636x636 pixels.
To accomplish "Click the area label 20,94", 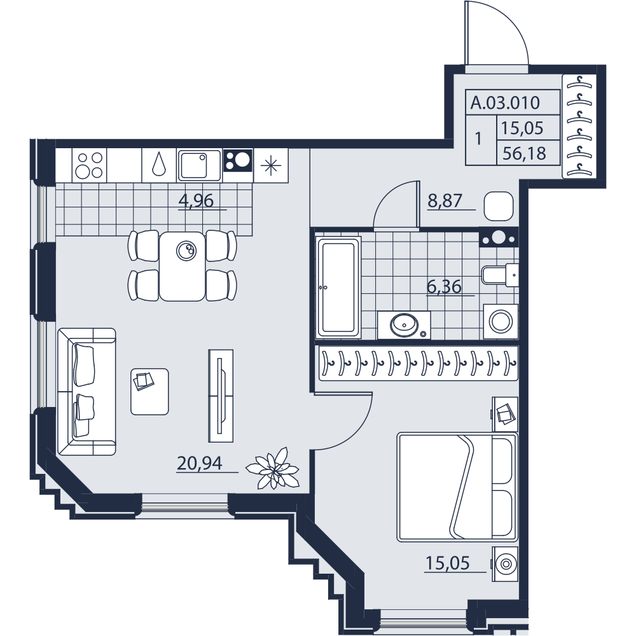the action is pyautogui.click(x=200, y=463).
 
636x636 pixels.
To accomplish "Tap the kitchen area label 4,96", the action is pyautogui.click(x=196, y=200).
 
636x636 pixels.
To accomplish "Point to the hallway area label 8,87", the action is pyautogui.click(x=445, y=201).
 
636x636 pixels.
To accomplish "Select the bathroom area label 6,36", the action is pyautogui.click(x=444, y=287).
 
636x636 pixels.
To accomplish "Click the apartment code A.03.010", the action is pyautogui.click(x=505, y=102).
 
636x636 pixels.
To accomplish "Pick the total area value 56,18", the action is pyautogui.click(x=524, y=154).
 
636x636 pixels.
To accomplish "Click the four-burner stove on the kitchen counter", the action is pyautogui.click(x=90, y=165).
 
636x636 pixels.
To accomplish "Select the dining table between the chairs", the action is pyautogui.click(x=182, y=266).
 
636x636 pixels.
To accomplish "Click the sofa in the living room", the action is pyautogui.click(x=86, y=391).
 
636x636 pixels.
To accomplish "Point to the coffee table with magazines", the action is pyautogui.click(x=149, y=391).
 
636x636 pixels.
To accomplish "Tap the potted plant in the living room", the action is pyautogui.click(x=273, y=467).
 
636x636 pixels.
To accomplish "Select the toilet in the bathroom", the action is pyautogui.click(x=500, y=275).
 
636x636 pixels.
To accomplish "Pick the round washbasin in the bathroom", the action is pyautogui.click(x=404, y=324).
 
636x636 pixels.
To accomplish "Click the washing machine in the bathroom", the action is pyautogui.click(x=501, y=322).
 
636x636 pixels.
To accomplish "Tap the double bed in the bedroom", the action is pyautogui.click(x=457, y=487).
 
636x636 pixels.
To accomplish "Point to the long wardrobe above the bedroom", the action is pyautogui.click(x=418, y=363).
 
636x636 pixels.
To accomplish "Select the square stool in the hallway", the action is pyautogui.click(x=499, y=206).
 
